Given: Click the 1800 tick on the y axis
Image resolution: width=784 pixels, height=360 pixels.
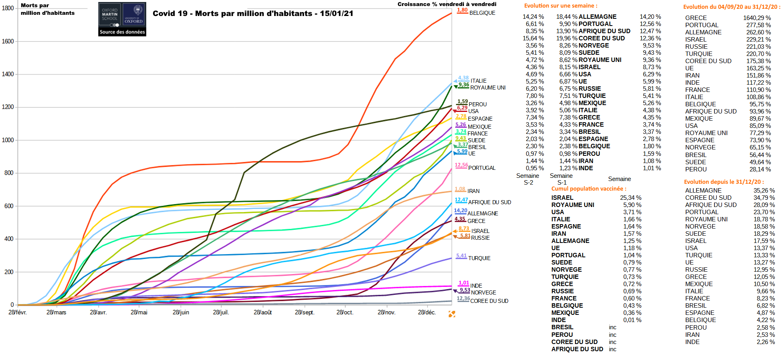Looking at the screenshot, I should (x=8, y=8).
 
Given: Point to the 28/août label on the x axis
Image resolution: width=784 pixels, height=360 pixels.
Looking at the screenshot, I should (x=263, y=312).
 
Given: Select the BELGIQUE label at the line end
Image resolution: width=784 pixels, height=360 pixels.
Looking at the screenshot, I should (x=482, y=13).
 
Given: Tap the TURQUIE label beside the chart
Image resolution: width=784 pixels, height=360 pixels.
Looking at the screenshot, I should (x=479, y=258).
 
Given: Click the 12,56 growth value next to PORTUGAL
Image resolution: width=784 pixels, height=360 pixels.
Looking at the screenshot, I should (x=461, y=165).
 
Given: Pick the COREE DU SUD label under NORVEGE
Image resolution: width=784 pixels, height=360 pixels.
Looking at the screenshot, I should (x=489, y=301).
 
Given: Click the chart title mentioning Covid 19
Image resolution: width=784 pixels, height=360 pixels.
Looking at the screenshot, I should (x=253, y=13).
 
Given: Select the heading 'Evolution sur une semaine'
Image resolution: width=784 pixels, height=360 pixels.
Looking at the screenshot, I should (x=561, y=6).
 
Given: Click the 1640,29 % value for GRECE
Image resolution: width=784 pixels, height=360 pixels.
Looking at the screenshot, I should (x=757, y=18).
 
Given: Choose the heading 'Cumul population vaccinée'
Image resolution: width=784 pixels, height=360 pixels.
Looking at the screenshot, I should (x=589, y=189).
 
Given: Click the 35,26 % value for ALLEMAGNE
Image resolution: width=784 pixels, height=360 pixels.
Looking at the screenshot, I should (x=764, y=191).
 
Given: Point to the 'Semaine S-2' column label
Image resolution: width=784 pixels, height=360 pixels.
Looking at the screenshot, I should (x=528, y=179).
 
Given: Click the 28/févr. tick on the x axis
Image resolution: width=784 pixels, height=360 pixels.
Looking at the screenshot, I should (x=18, y=312).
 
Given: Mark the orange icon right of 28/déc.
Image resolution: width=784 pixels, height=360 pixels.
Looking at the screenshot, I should (x=452, y=314).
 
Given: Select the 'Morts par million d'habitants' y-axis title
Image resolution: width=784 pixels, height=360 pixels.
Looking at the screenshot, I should (x=48, y=9).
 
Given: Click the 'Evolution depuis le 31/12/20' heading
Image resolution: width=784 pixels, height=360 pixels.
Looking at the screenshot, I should (x=724, y=182).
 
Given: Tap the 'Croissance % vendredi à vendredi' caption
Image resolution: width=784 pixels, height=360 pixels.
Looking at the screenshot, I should (x=447, y=4).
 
